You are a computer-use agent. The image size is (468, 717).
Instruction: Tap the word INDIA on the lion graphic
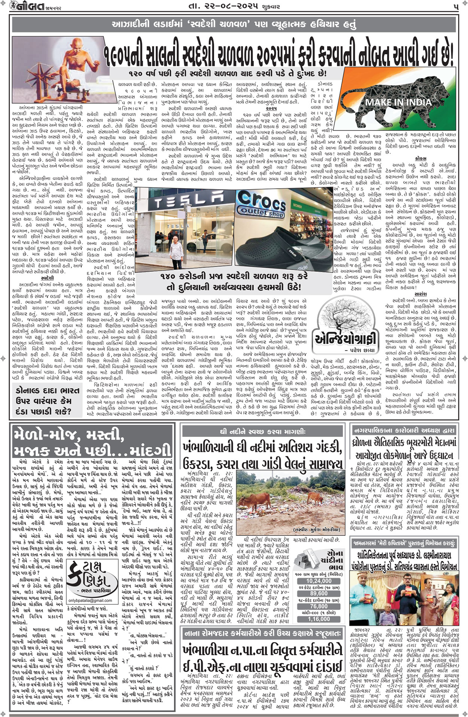coord(415,102)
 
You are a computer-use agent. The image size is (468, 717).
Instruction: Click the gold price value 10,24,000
coord(319,581)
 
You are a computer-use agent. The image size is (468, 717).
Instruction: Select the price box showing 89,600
coord(319,593)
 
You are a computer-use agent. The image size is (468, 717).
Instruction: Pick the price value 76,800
coord(319,606)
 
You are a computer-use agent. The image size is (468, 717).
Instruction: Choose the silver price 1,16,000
coord(319,619)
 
